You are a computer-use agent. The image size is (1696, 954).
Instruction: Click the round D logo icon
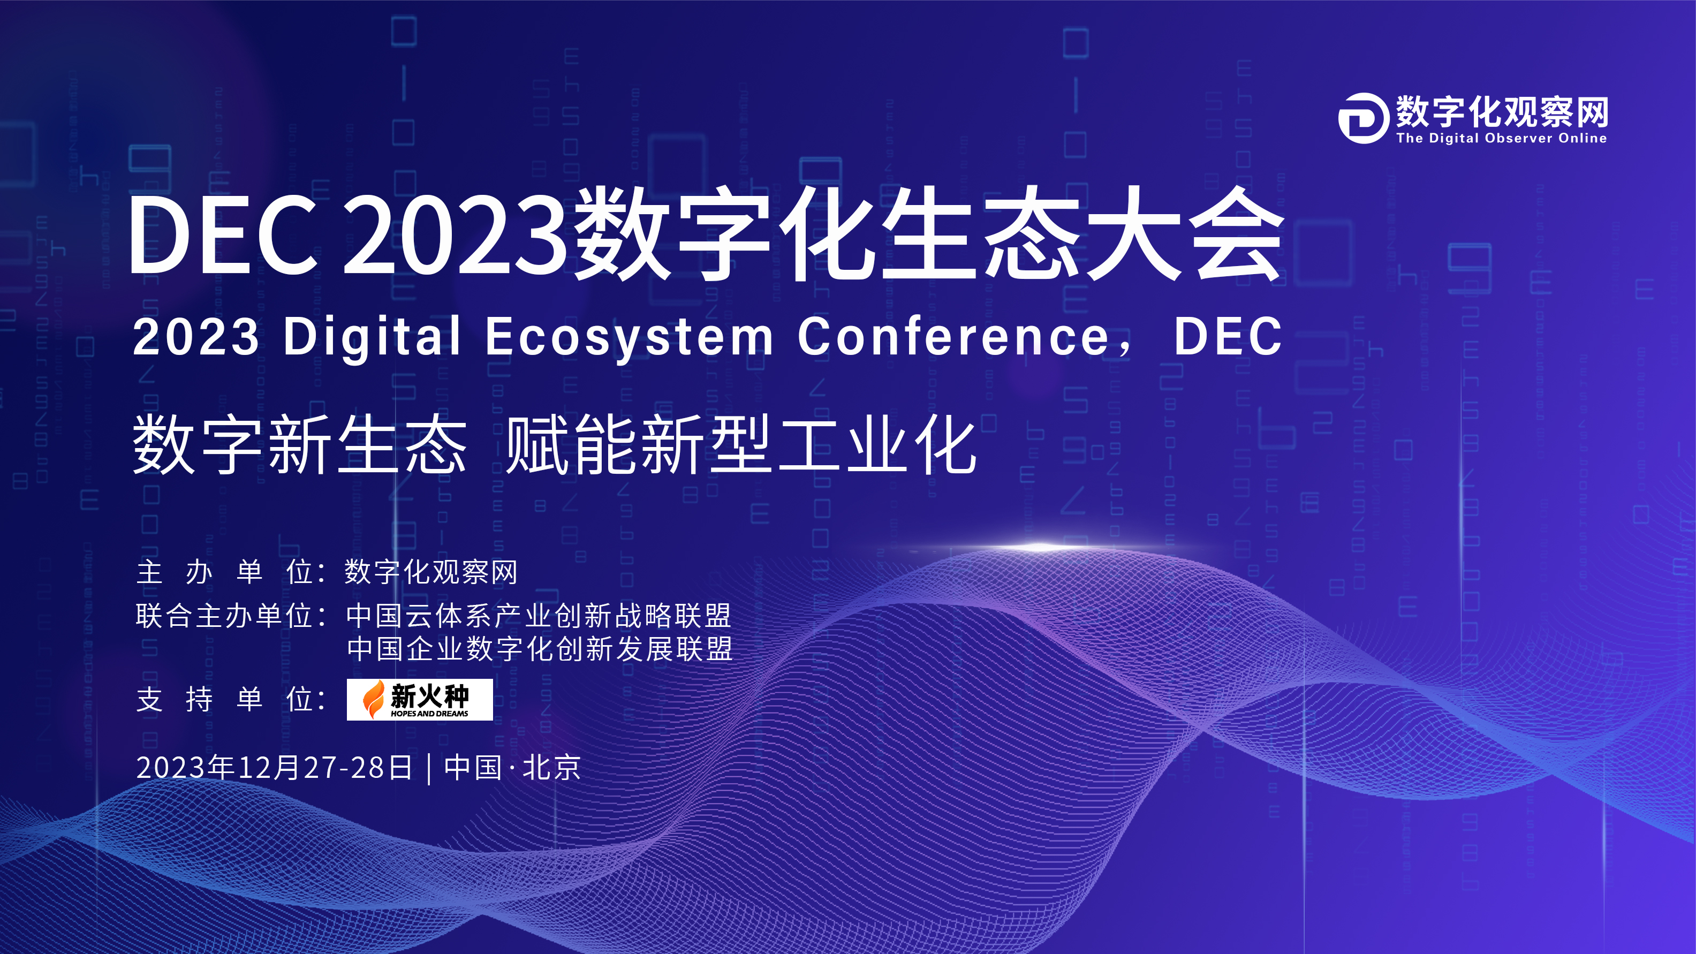pos(1364,118)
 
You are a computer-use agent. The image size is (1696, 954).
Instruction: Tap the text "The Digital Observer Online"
pos(1502,138)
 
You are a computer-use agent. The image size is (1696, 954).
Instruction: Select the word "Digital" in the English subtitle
pos(372,336)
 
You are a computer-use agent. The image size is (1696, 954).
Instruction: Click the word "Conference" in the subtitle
pos(954,336)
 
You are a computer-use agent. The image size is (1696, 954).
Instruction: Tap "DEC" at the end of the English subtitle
pos(1228,336)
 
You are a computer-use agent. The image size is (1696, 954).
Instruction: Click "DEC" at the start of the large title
pos(223,236)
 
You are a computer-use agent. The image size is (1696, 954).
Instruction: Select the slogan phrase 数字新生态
pos(300,445)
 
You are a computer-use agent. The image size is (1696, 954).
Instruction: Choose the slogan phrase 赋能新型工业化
pos(741,445)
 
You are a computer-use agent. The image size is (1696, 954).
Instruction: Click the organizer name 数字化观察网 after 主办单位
pos(431,571)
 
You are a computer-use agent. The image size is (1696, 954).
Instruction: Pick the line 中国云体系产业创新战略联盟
pos(539,616)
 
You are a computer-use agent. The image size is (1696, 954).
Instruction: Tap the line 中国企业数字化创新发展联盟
pos(539,648)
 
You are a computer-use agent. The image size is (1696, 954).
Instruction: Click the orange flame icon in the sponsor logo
pos(374,699)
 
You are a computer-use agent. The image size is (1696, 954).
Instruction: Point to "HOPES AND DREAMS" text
pos(429,714)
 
